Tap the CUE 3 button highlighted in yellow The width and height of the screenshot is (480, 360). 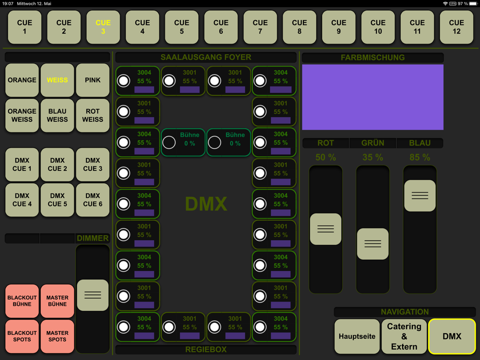point(103,27)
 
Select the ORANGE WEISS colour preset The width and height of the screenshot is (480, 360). point(22,115)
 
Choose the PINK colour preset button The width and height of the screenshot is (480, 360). point(93,80)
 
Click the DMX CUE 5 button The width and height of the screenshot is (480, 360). point(57,200)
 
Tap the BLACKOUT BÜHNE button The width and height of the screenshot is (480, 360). point(22,301)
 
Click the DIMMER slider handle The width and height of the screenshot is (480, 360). point(93,295)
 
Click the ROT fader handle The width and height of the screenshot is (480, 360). point(325,229)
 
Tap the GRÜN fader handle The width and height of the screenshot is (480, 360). point(372,244)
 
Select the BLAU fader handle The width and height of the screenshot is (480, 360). point(420,195)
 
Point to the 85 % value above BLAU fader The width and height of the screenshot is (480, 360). point(420,157)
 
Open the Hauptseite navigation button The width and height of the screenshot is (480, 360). point(357,336)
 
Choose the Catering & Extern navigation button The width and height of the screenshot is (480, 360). point(404,336)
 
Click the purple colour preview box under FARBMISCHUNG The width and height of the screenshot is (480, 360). point(372,97)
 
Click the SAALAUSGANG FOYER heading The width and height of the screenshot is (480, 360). point(206,58)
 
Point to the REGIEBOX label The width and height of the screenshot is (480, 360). point(206,349)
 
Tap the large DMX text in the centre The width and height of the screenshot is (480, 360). point(206,204)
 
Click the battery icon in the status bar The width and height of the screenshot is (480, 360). point(473,3)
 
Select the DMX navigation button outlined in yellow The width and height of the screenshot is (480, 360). point(452,336)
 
